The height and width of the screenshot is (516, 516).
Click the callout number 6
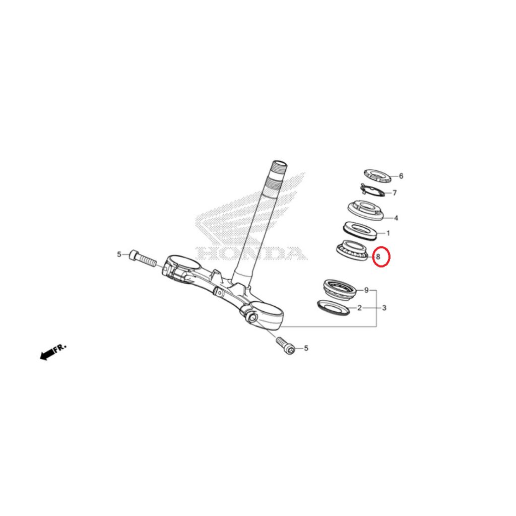click(x=401, y=176)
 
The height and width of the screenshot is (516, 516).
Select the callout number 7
click(x=395, y=192)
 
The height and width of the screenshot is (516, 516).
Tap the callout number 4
click(x=396, y=218)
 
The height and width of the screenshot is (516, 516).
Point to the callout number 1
click(x=389, y=233)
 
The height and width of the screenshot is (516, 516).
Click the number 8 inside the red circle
click(x=378, y=256)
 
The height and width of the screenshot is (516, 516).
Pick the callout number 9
click(x=366, y=290)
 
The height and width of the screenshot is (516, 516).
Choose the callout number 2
click(x=359, y=308)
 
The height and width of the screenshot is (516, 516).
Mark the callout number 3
click(x=384, y=308)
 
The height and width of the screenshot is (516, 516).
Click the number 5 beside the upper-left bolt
click(x=119, y=254)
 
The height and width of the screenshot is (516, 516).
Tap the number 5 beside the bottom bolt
click(x=306, y=348)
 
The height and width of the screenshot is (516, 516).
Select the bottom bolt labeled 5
click(x=286, y=345)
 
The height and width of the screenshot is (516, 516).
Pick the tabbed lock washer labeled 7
click(x=372, y=191)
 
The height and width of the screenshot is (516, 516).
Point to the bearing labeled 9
click(x=340, y=290)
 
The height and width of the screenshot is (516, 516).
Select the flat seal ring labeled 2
click(x=333, y=307)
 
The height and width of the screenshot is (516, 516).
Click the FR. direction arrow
click(x=52, y=352)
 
